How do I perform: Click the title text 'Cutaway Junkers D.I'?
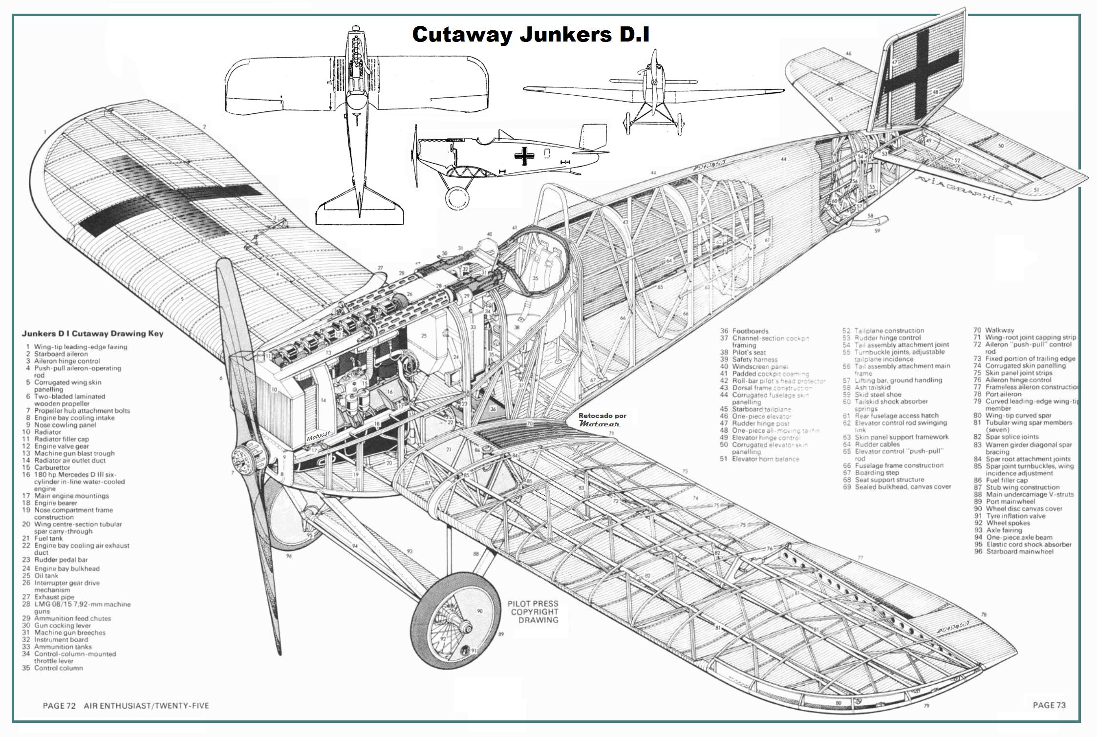530,35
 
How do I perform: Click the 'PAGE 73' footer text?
1049,705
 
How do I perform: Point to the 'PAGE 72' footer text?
59,705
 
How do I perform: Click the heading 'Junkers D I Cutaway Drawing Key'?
92,334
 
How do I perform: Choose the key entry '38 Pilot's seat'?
743,352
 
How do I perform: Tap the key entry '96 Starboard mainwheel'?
1013,551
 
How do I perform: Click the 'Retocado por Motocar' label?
602,420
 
